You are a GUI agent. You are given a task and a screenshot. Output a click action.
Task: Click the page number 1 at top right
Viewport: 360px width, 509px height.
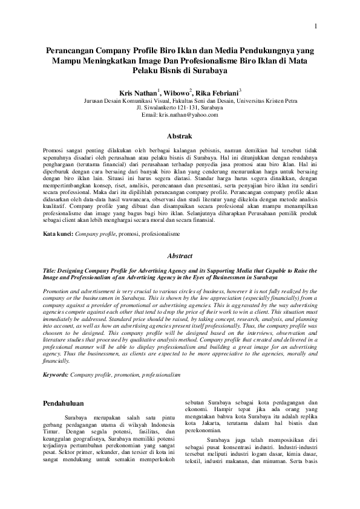(x=315, y=26)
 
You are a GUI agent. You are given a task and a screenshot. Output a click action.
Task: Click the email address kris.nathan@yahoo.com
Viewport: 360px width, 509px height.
(x=180, y=114)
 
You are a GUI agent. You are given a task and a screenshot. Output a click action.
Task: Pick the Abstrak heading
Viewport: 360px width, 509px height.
(x=180, y=137)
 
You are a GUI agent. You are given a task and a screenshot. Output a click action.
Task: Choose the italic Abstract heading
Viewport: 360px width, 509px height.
(x=180, y=256)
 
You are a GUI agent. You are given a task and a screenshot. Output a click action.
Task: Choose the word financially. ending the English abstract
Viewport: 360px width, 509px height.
(x=58, y=360)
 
